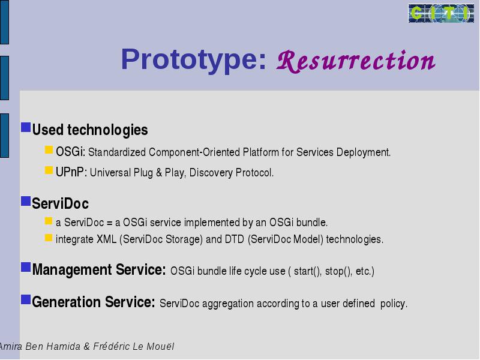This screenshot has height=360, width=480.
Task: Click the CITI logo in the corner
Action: (x=441, y=13)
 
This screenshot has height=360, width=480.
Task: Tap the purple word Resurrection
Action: (x=356, y=61)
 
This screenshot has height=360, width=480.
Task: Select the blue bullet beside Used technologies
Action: (x=26, y=127)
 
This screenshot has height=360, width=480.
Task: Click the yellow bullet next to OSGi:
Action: (x=49, y=149)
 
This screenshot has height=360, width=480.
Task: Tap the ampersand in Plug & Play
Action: (x=159, y=173)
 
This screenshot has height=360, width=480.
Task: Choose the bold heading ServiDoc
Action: (x=61, y=203)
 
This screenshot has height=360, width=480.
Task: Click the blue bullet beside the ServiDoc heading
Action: (x=26, y=201)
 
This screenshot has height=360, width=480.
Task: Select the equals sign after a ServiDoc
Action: (x=109, y=223)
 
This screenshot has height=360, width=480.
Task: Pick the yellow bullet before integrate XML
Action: (x=49, y=238)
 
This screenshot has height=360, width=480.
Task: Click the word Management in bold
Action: (x=72, y=270)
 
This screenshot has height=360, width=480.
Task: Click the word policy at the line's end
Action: (x=394, y=304)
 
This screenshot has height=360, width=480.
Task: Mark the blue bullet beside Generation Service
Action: (x=26, y=299)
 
